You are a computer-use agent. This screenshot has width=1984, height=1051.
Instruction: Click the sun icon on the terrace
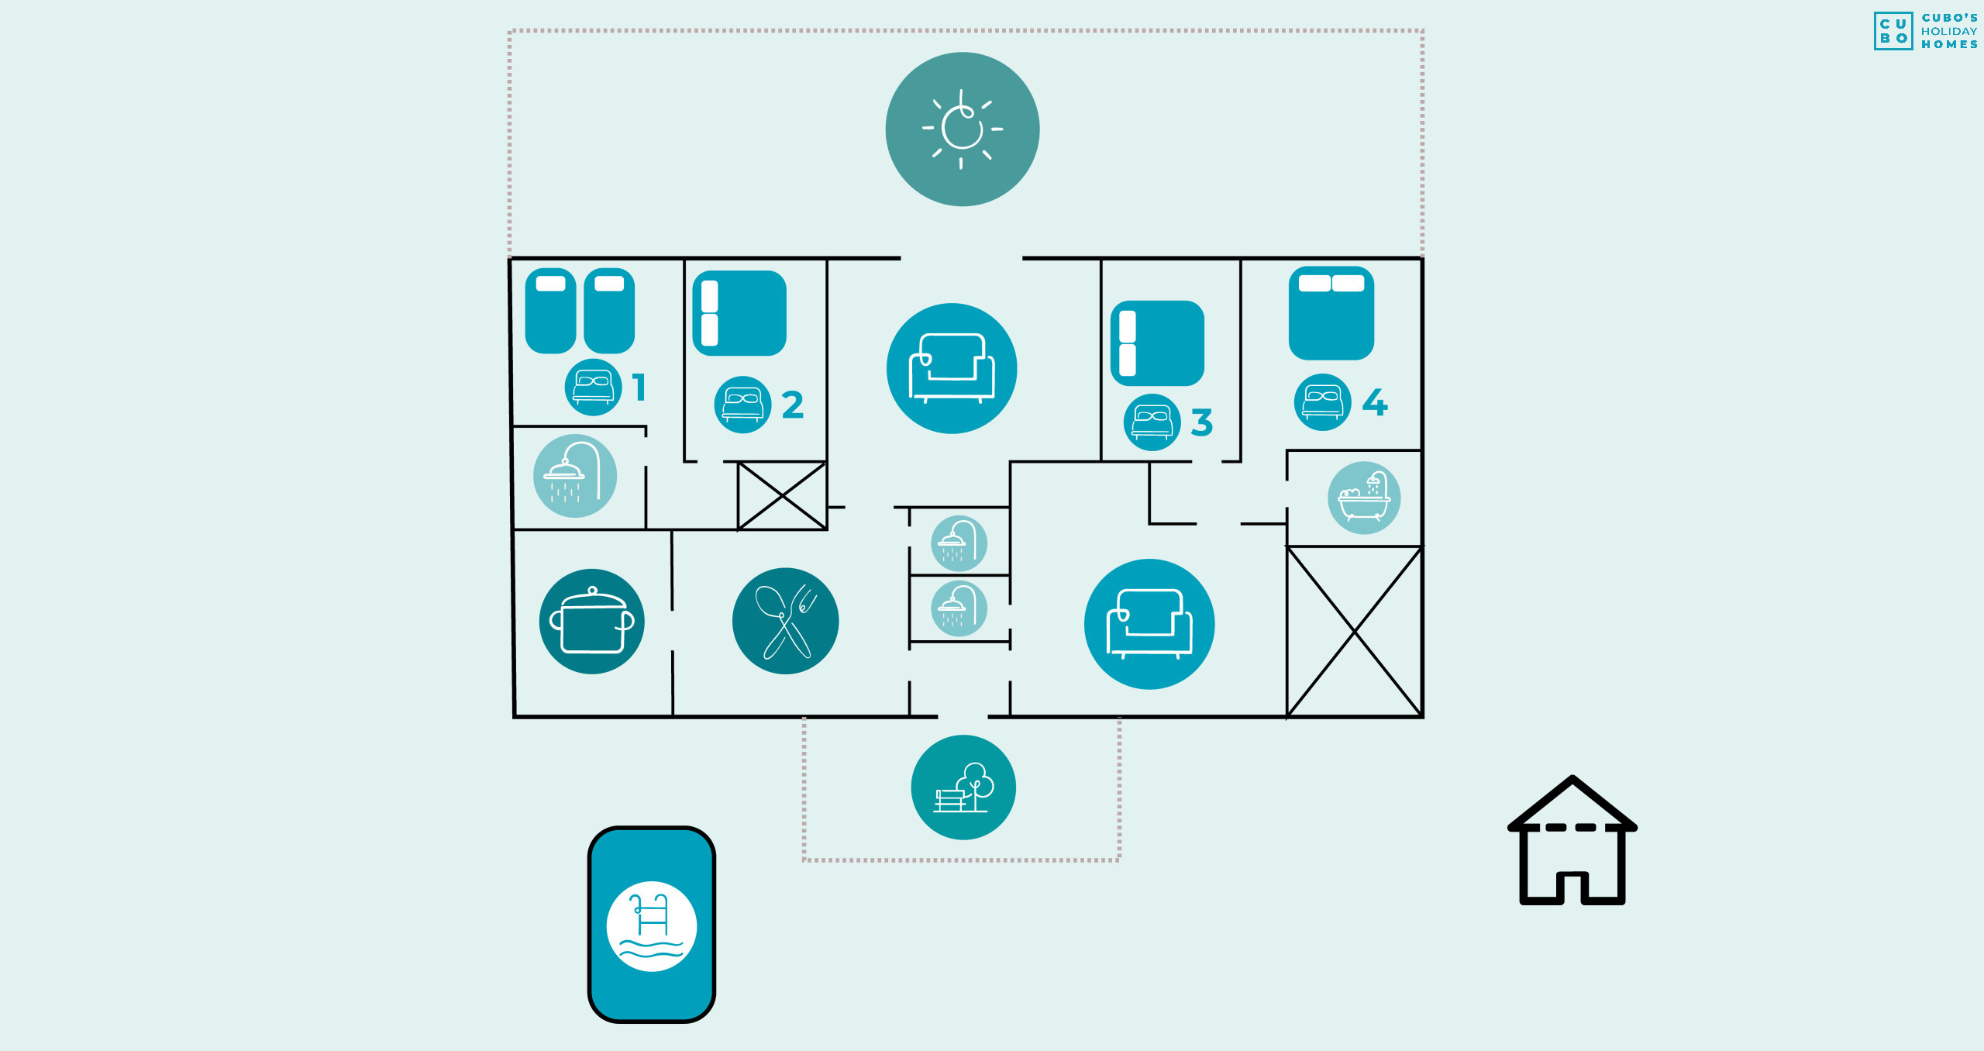pos(963,129)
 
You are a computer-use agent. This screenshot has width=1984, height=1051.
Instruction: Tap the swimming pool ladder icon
pos(652,926)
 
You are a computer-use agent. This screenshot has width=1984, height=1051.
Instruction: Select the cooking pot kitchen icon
pos(592,621)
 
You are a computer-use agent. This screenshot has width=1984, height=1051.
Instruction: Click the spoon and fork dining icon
pos(785,621)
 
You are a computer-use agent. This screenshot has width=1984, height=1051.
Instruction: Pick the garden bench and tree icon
pos(963,787)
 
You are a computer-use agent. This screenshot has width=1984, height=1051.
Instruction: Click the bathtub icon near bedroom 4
pos(1364,498)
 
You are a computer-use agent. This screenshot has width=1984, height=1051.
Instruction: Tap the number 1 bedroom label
pos(639,387)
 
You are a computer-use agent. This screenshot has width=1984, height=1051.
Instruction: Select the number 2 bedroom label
pos(792,405)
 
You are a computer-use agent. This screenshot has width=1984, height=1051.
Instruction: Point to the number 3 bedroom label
pos(1201,422)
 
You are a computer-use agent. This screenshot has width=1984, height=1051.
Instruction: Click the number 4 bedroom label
pos(1375,401)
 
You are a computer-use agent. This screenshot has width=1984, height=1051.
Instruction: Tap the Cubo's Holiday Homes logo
pos(1925,31)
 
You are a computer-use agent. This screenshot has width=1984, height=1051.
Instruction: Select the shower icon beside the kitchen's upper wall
pos(575,475)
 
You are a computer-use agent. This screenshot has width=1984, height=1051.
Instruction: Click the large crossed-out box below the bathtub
pos(1354,632)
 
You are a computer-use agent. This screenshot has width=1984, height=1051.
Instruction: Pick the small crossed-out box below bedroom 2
pos(782,495)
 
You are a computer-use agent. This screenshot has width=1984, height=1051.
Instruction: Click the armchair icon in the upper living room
pos(952,368)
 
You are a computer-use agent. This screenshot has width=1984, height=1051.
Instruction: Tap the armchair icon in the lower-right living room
pos(1149,624)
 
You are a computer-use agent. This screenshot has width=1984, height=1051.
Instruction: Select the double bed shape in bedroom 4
pos(1331,313)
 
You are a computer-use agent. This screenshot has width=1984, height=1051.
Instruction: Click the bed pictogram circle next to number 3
pos(1152,422)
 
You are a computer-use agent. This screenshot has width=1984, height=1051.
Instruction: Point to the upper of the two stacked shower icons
pos(959,543)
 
